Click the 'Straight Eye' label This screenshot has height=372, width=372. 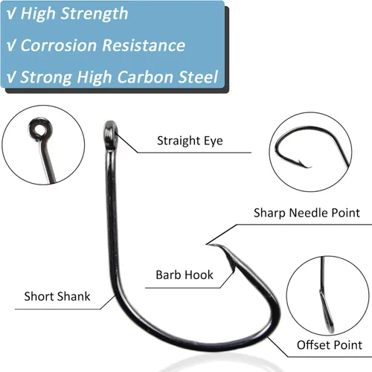coord(190,141)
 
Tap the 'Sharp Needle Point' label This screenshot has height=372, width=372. coord(307,213)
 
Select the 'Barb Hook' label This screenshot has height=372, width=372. coord(185,275)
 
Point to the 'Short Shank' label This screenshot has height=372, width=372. coord(57,296)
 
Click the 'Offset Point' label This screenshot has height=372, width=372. coord(330,345)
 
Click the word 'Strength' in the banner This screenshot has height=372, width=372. coord(94,13)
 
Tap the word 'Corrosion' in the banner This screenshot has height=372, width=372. coord(59,45)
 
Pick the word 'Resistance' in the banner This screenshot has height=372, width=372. coord(144,45)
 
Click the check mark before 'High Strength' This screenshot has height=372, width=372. coord(11,14)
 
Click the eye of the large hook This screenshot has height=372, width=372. coord(110,135)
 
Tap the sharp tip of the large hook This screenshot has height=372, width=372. coord(208,245)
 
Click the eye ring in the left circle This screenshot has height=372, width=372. coord(40,129)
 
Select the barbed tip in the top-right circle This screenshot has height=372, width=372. coord(305,164)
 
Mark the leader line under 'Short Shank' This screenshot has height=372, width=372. coord(65,309)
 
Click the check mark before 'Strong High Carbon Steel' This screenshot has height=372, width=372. coord(11,77)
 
